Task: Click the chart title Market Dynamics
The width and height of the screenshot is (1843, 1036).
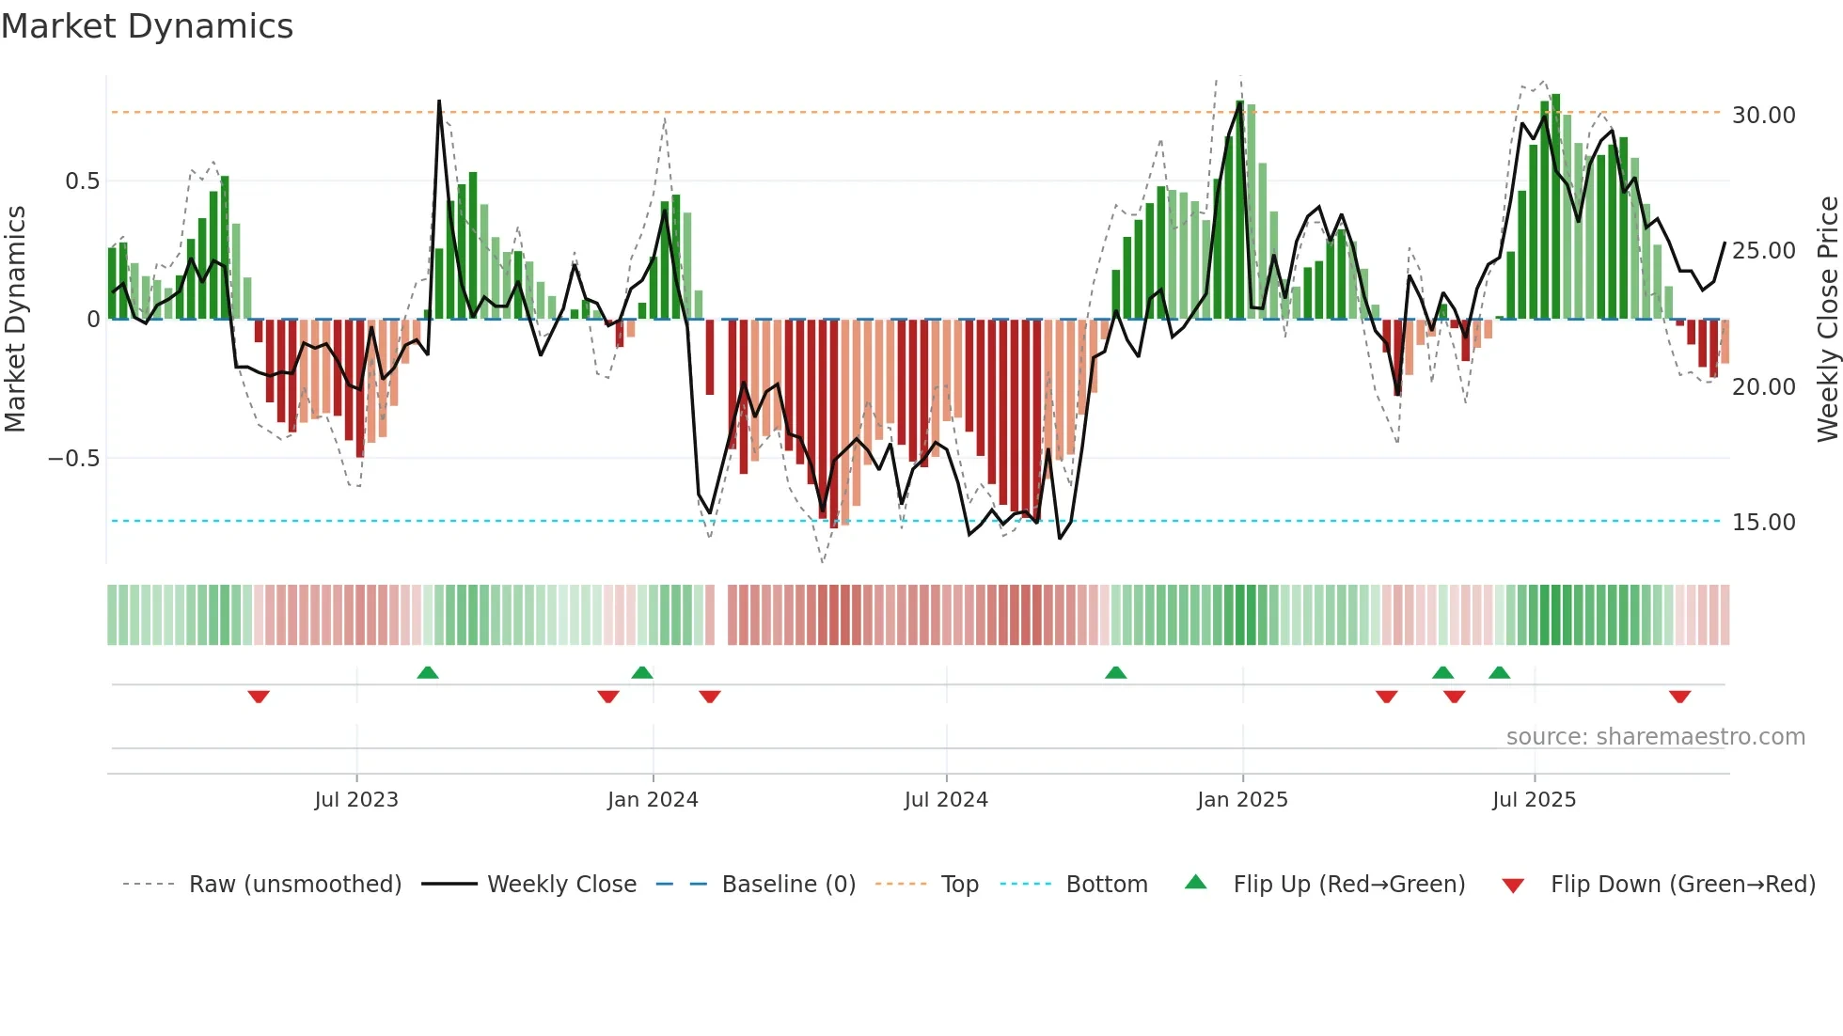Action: click(147, 26)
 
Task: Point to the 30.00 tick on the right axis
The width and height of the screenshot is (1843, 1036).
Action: click(1763, 116)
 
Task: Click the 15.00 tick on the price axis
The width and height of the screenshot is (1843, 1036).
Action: click(1763, 523)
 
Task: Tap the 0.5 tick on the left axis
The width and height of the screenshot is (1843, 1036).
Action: click(82, 181)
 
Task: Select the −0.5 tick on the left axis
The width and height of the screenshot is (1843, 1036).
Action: click(74, 459)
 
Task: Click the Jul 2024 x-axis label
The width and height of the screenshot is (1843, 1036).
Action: click(946, 800)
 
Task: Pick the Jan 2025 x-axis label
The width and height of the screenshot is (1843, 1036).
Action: click(1242, 800)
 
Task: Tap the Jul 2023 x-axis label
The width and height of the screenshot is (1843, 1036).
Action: click(356, 800)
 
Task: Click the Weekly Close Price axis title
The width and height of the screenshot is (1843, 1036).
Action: click(1827, 320)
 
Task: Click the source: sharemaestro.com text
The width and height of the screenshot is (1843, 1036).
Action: click(1655, 737)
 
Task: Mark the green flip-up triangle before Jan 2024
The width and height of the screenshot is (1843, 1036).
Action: click(642, 673)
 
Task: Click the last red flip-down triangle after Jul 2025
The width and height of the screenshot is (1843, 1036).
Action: click(1680, 697)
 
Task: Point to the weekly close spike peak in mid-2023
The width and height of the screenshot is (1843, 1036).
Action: click(439, 102)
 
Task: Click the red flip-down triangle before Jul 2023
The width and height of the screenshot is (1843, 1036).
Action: click(259, 697)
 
